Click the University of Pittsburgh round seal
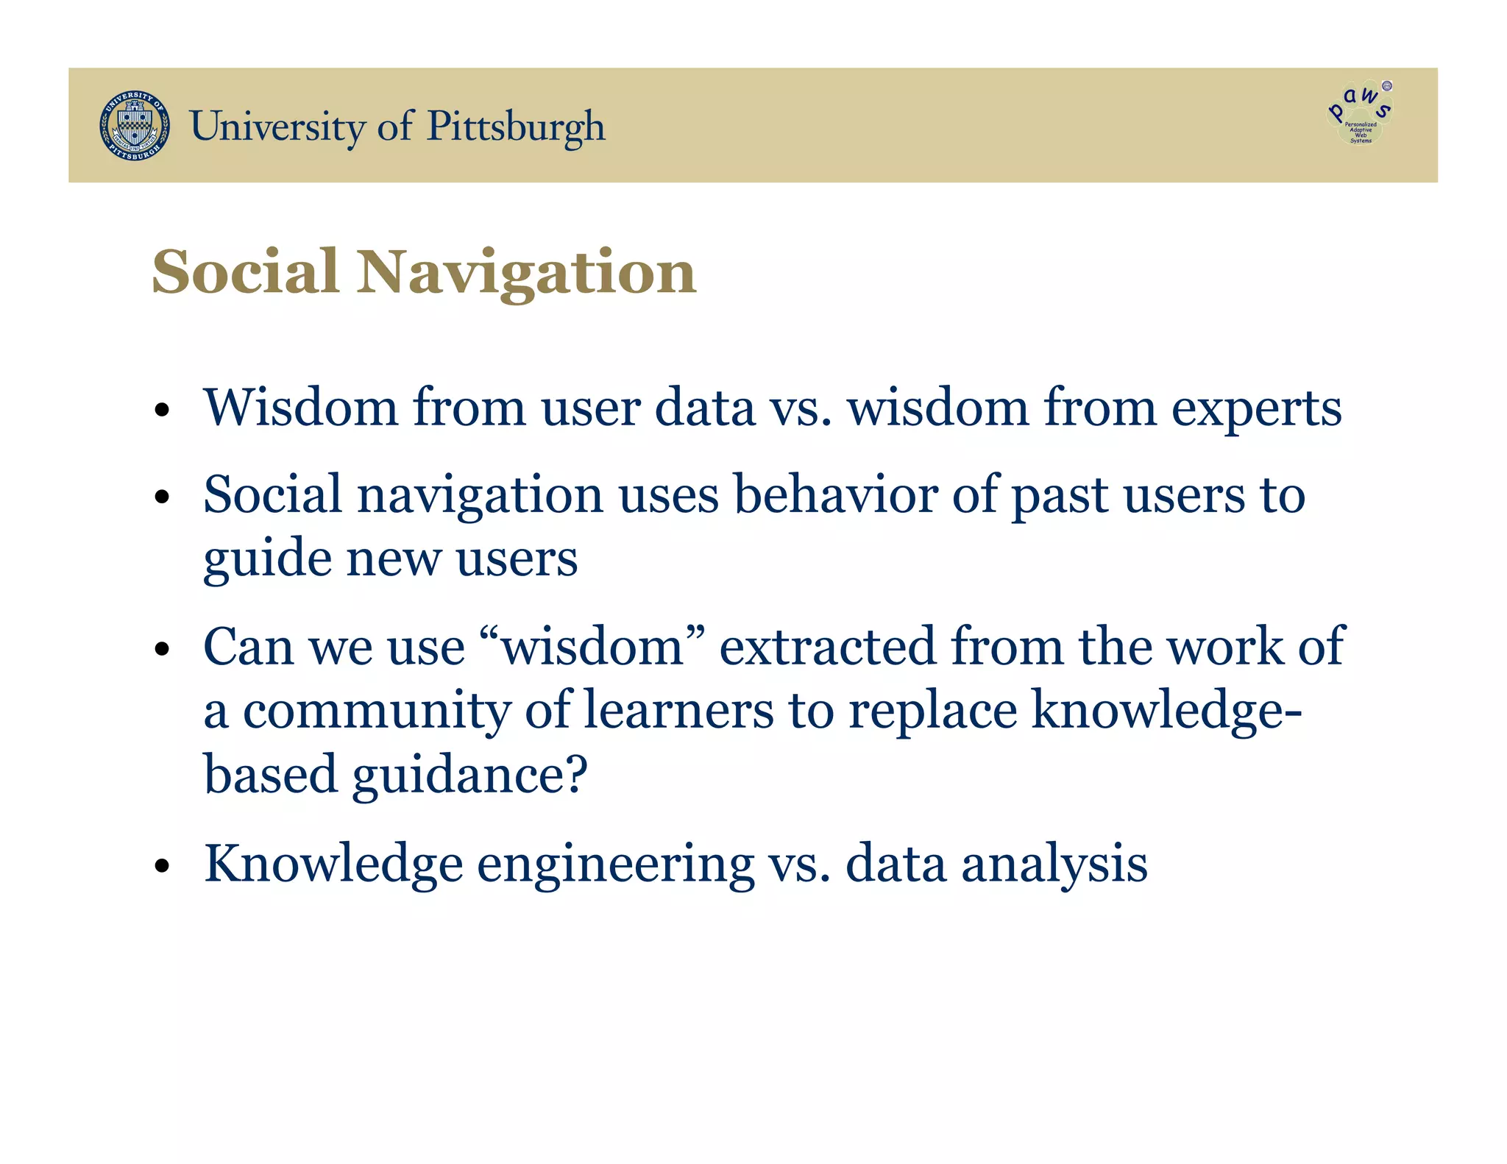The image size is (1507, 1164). click(135, 126)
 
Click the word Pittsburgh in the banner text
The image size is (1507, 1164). click(516, 127)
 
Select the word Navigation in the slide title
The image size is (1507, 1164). click(526, 273)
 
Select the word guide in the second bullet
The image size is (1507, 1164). click(267, 559)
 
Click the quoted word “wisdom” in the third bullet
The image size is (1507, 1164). click(592, 647)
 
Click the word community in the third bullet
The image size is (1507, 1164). click(377, 711)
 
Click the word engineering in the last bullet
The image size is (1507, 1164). click(615, 865)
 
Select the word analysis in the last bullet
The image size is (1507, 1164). click(1054, 865)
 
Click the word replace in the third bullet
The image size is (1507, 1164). click(932, 711)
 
